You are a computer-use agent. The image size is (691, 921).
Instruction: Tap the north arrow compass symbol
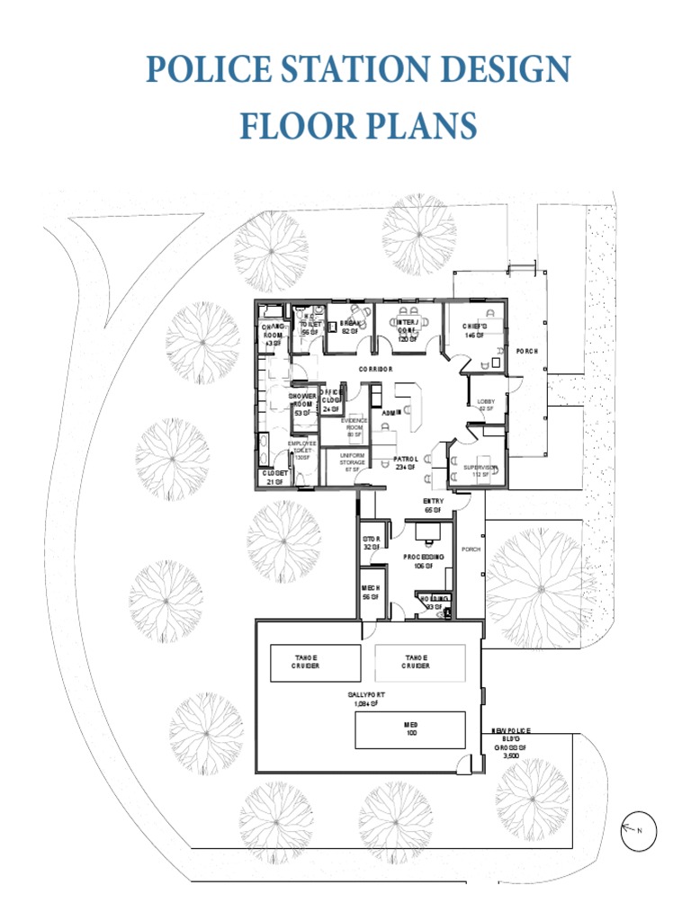point(638,830)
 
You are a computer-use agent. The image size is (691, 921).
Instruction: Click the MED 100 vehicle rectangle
point(410,729)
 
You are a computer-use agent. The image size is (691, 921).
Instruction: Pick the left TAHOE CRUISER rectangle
point(306,662)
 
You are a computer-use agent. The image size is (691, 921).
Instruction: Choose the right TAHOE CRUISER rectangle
point(417,662)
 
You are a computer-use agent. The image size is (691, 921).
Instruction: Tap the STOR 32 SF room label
point(372,542)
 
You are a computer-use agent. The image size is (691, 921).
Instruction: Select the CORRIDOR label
point(378,370)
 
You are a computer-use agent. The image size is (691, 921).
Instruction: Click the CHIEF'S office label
point(474,330)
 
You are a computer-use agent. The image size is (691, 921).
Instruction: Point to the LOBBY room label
point(487,405)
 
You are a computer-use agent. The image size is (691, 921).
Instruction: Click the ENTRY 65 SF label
point(433,505)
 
